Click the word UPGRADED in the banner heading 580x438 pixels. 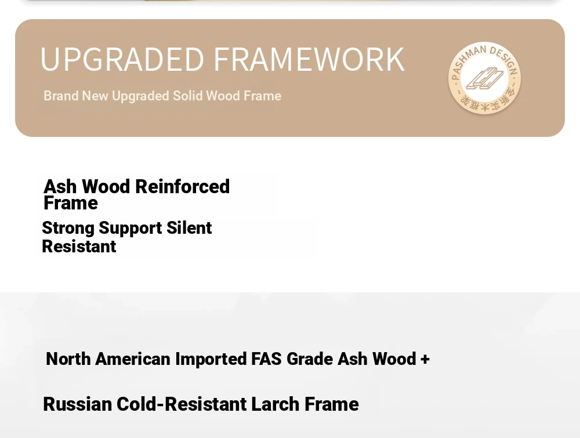122,59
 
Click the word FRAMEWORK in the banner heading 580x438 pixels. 309,59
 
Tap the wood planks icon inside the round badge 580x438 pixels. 484,78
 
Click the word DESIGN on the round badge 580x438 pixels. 505,59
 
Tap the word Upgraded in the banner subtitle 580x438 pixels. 140,96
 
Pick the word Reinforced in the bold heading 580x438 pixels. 182,186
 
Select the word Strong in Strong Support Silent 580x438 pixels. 68,228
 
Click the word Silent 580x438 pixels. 189,227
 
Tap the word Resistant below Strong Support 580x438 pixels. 79,247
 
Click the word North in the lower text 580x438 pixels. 68,359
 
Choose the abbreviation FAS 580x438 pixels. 266,359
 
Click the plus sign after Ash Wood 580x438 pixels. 425,359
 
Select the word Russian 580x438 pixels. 77,404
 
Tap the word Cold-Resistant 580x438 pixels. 181,404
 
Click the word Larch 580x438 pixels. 275,404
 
